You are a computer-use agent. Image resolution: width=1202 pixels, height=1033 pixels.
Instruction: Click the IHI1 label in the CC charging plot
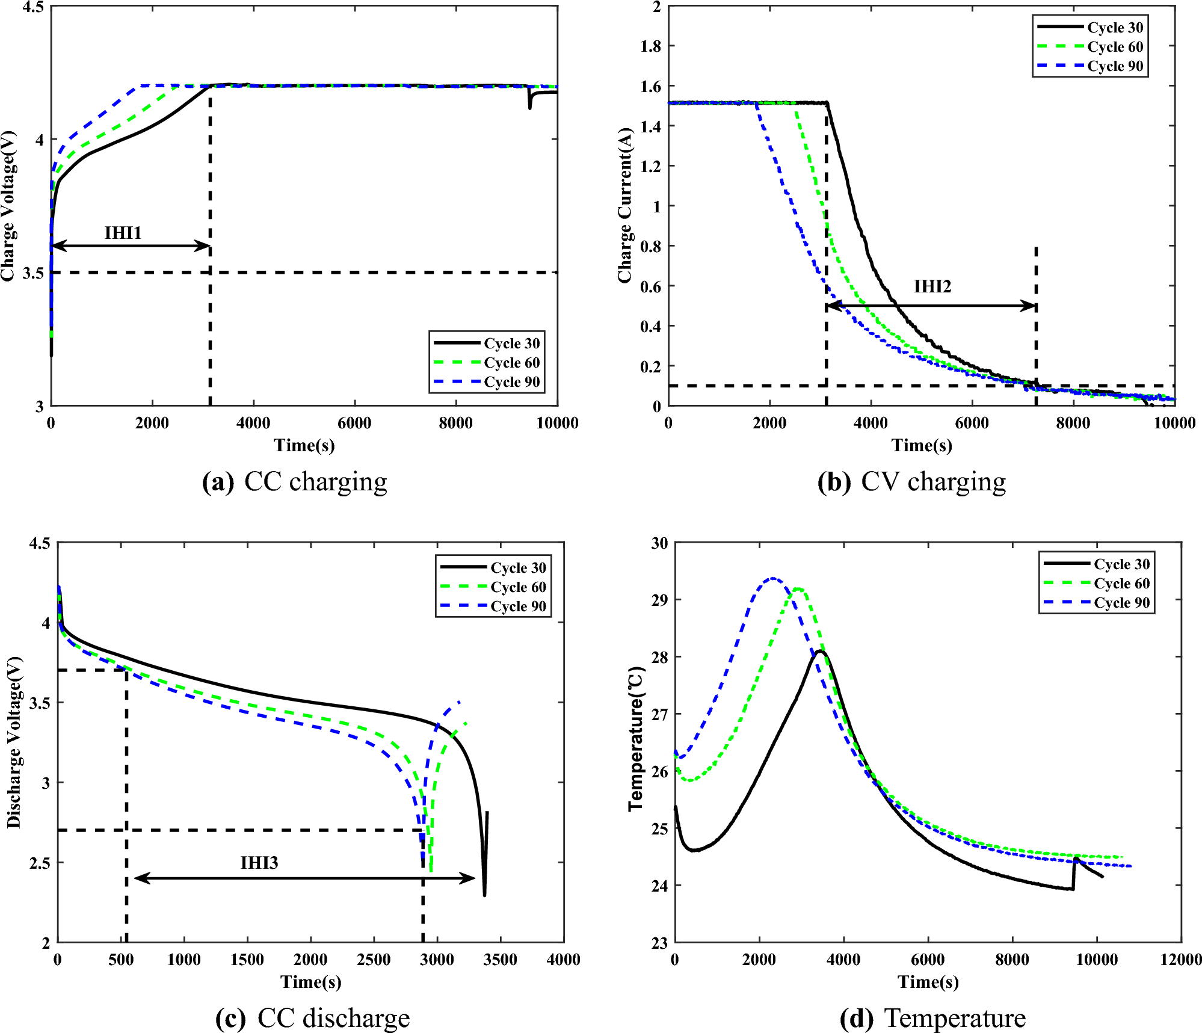123,233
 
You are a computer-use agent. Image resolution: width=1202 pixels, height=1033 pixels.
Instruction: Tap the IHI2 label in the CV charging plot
932,286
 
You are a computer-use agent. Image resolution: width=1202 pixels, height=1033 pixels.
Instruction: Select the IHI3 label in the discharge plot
259,863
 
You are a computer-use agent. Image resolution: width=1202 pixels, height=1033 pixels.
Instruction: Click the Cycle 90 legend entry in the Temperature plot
1121,603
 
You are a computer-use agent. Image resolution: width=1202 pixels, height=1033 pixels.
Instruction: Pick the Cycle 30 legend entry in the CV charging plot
1115,28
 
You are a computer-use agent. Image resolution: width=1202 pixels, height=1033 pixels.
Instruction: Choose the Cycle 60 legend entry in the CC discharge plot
518,587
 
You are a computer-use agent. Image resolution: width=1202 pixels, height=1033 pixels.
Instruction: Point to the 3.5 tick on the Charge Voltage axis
34,273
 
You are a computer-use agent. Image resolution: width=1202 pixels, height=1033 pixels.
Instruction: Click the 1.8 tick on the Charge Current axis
650,46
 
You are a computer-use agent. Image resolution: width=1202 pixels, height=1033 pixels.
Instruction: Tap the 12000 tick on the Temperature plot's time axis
1180,960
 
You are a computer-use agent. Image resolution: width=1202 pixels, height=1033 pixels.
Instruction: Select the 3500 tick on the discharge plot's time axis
500,960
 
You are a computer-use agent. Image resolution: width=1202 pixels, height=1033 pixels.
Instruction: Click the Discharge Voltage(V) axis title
14,742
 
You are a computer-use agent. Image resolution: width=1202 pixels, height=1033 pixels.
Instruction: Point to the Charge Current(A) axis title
625,205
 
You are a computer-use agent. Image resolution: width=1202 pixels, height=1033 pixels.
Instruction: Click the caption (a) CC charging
295,482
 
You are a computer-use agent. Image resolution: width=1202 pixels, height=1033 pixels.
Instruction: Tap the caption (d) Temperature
932,1019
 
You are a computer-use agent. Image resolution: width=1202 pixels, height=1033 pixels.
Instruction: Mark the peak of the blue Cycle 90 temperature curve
773,579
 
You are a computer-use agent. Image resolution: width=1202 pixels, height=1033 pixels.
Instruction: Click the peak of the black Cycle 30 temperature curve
820,651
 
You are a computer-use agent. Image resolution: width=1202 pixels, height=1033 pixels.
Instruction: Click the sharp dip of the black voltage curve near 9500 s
529,108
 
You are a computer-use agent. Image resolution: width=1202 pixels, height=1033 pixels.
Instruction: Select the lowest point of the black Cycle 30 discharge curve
484,895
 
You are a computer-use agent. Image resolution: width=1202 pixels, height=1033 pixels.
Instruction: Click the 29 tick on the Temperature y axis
660,600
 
